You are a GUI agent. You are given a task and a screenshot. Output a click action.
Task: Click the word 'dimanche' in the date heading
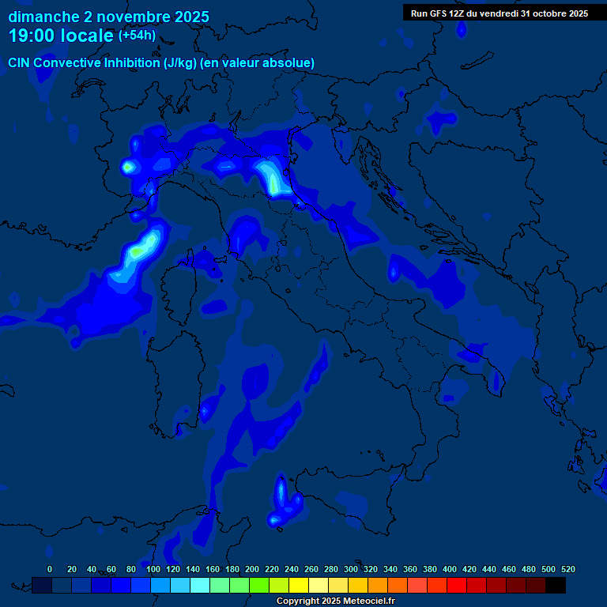tap(43, 17)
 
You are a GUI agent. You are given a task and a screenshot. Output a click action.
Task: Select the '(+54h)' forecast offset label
tap(137, 36)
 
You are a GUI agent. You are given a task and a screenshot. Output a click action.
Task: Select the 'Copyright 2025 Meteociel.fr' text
tap(335, 601)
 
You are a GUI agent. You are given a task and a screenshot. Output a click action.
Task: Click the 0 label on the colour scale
tap(50, 569)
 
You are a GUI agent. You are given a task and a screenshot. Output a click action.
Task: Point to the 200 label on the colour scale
tap(252, 569)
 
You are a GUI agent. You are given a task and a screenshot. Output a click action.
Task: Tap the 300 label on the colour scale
tap(351, 569)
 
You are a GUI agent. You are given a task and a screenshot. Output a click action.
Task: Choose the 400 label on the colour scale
tap(450, 569)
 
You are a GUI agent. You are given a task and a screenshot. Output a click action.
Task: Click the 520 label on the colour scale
tap(567, 569)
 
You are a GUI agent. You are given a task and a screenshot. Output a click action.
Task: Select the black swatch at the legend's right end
tap(556, 585)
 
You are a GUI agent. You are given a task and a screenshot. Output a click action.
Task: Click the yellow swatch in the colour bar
tap(299, 585)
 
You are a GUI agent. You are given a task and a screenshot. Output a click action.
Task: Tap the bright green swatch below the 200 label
tap(259, 585)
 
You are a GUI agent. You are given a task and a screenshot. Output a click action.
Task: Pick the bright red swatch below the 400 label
tap(457, 585)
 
